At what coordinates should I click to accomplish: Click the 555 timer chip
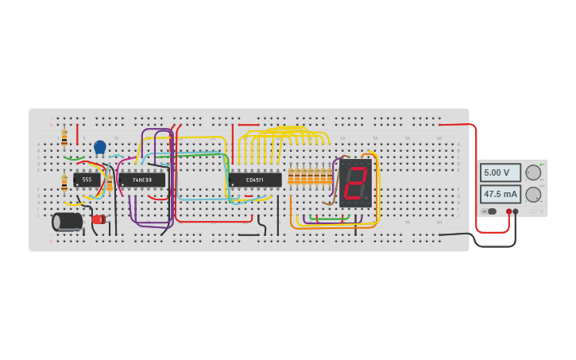87,180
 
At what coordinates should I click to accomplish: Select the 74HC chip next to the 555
142,180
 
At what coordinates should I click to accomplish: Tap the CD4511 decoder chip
255,180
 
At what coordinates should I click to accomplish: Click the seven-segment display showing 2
355,183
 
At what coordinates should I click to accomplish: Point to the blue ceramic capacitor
100,147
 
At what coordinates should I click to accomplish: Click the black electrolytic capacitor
68,222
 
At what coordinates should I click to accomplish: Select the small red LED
98,219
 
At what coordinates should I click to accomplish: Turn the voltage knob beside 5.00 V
533,172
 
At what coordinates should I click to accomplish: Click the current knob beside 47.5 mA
533,194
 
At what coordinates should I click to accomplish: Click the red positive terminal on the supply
509,211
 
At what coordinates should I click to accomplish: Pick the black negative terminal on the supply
516,211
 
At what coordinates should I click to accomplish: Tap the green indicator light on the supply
542,165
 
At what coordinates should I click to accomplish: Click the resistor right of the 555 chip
110,181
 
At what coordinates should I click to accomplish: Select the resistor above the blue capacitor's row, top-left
64,138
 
